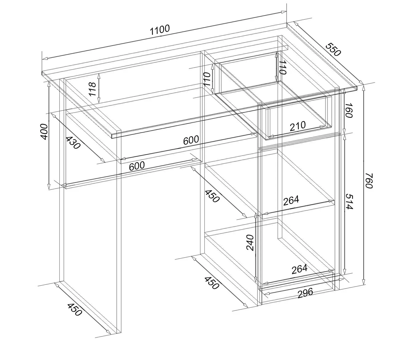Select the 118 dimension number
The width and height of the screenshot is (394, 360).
pos(92,89)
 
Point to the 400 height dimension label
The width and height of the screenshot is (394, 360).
pos(44,132)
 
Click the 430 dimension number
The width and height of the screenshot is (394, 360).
pos(73,142)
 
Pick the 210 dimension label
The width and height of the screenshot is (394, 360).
pos(298,126)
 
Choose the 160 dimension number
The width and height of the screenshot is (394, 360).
pos(348,111)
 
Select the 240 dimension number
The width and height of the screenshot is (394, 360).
pos(250,243)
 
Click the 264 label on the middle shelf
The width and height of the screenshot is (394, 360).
pos(291,200)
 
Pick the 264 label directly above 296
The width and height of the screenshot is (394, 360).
pos(300,269)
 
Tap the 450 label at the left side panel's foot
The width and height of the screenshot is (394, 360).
pos(74,309)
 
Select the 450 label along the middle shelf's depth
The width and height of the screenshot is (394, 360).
pos(212,196)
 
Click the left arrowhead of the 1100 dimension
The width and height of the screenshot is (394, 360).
pos(45,58)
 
